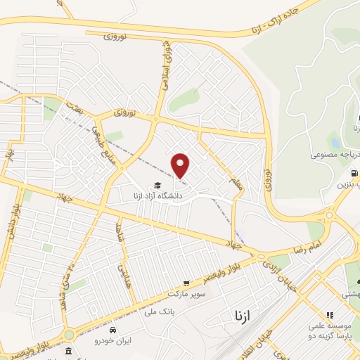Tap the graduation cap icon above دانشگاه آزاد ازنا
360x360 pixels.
click(157, 184)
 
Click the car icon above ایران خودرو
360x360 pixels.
click(113, 328)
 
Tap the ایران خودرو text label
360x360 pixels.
click(113, 340)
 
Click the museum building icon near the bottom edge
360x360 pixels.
click(68, 351)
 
